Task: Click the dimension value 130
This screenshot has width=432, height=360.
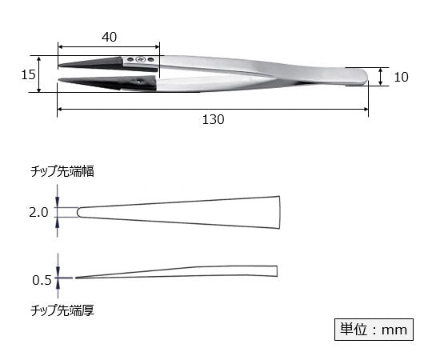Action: coord(212,119)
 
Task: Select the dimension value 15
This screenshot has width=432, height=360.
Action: coord(28,74)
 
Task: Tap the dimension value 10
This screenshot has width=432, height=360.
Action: coord(402,77)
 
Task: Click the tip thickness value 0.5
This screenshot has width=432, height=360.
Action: coord(42,279)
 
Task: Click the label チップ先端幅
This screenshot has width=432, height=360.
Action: coord(62,171)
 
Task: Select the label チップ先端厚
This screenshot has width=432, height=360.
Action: coord(62,309)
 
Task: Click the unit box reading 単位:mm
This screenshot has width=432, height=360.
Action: coord(373,329)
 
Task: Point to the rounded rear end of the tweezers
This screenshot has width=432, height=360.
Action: coord(362,77)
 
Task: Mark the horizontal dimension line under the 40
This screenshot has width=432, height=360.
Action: coord(108,46)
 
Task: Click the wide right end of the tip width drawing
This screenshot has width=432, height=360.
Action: coord(278,212)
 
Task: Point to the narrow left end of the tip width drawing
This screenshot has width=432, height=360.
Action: coord(78,212)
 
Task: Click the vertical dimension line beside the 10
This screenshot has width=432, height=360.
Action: coord(380,77)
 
